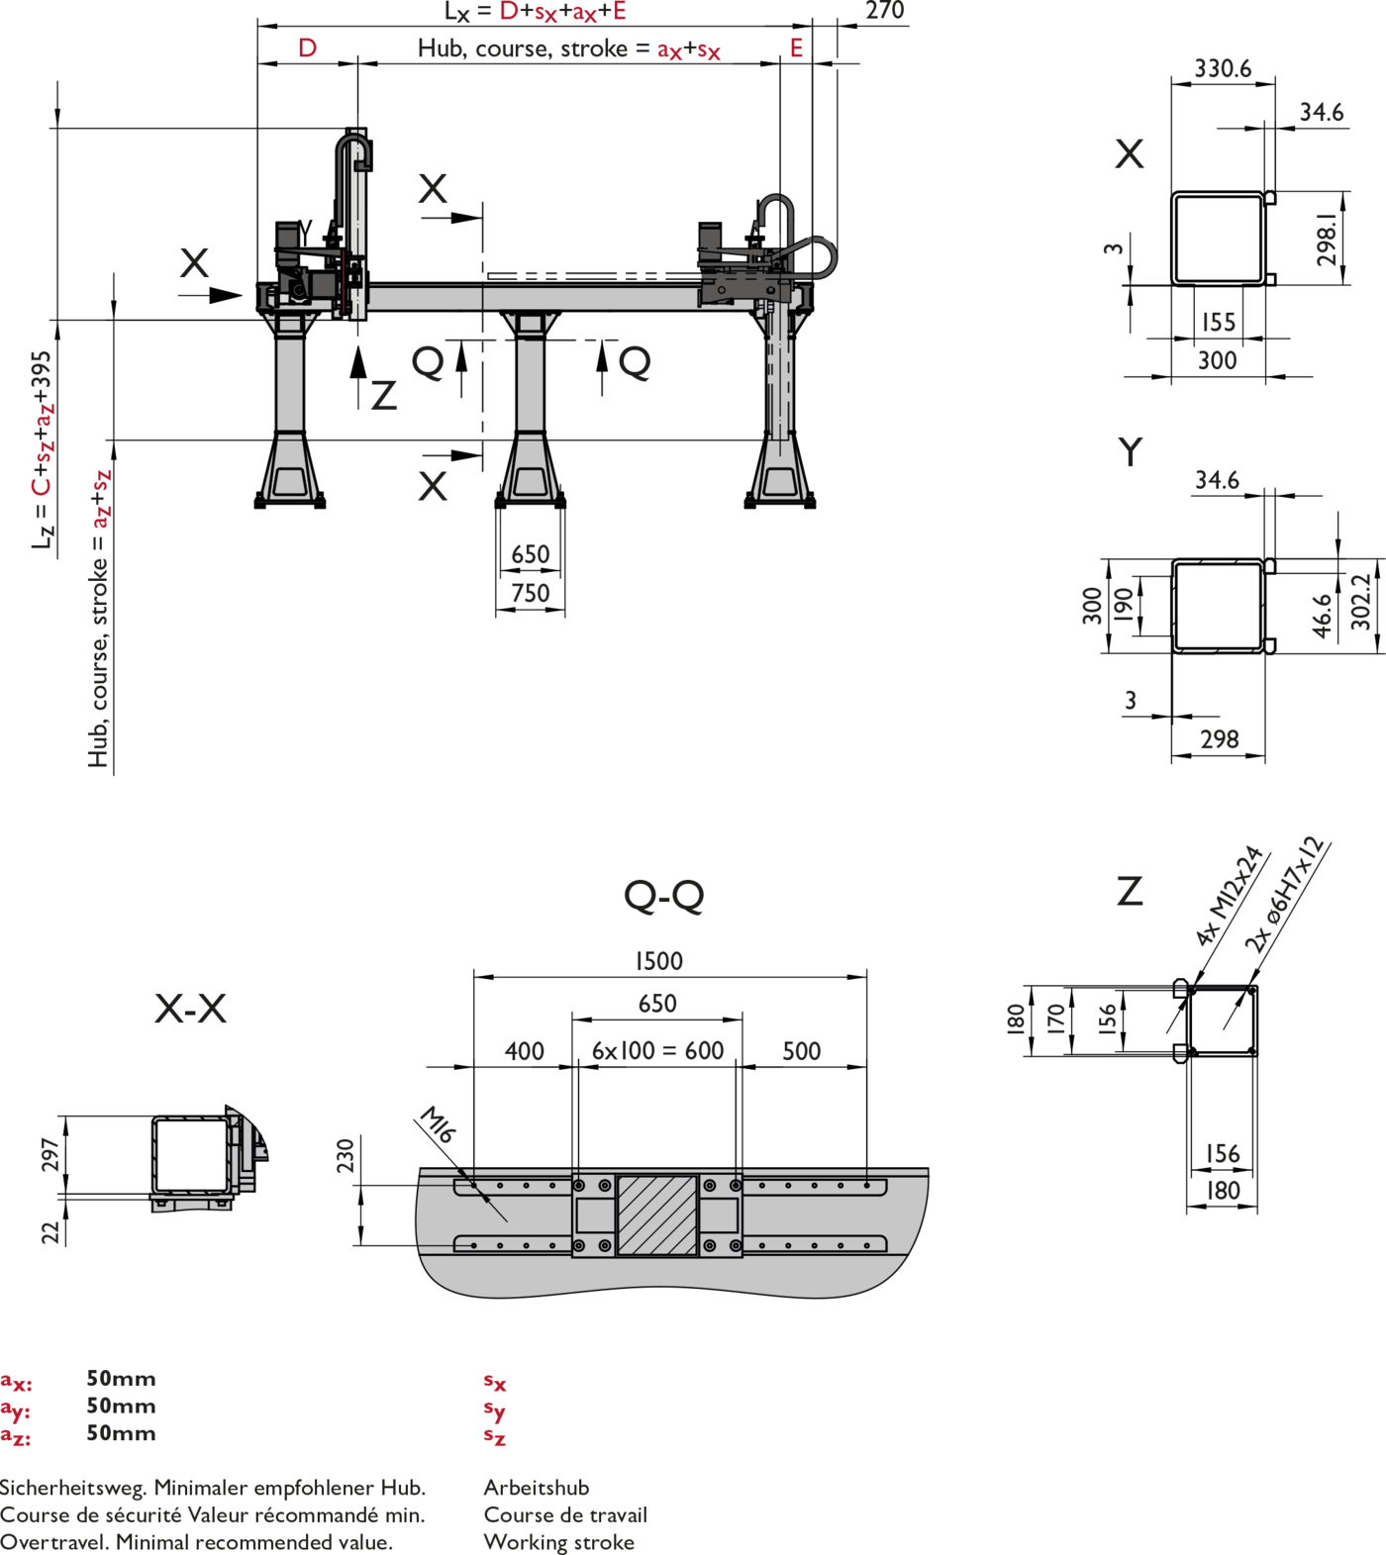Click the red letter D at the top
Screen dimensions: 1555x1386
pyautogui.click(x=307, y=48)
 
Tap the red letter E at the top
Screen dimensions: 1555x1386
pyautogui.click(x=796, y=48)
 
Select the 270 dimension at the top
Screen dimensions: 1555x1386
pyautogui.click(x=884, y=11)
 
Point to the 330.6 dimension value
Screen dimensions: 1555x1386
pyautogui.click(x=1223, y=68)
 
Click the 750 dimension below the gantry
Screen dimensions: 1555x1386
pyautogui.click(x=530, y=593)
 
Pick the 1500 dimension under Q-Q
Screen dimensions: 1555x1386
pyautogui.click(x=659, y=961)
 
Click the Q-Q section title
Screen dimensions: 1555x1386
pyautogui.click(x=663, y=896)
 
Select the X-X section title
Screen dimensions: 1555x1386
pyautogui.click(x=190, y=1009)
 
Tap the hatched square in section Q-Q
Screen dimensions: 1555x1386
pyautogui.click(x=656, y=1215)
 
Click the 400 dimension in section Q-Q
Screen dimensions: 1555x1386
pyautogui.click(x=524, y=1051)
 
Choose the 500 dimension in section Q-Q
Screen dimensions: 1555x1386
pyautogui.click(x=801, y=1051)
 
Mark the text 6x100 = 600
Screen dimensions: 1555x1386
pyautogui.click(x=657, y=1051)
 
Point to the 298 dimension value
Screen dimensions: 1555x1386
pyautogui.click(x=1219, y=739)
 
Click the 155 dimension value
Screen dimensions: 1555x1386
pyautogui.click(x=1219, y=322)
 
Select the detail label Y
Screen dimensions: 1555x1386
pyautogui.click(x=1130, y=451)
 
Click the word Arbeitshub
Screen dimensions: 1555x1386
pyautogui.click(x=536, y=1487)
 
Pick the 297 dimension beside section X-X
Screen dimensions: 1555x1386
pyautogui.click(x=49, y=1155)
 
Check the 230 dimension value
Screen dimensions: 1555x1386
pyautogui.click(x=345, y=1155)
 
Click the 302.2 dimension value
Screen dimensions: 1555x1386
pyautogui.click(x=1360, y=601)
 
